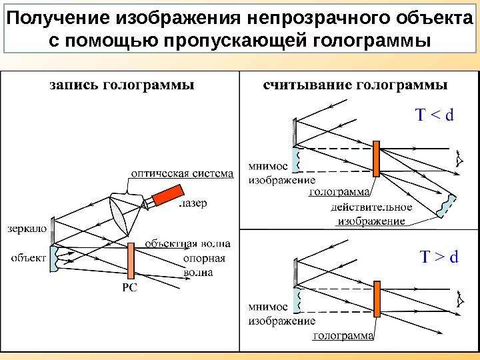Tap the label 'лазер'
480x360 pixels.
pos(193,203)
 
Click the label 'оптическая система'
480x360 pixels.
pos(181,173)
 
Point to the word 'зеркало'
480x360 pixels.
pos(27,228)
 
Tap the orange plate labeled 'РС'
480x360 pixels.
pos(131,259)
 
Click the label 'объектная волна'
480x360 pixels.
pos(187,244)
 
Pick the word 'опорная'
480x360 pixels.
pos(204,259)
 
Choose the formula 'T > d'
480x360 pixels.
pos(438,257)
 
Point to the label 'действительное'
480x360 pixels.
pos(371,207)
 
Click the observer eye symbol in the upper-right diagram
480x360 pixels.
pos(459,160)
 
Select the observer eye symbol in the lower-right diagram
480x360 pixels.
pos(460,299)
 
